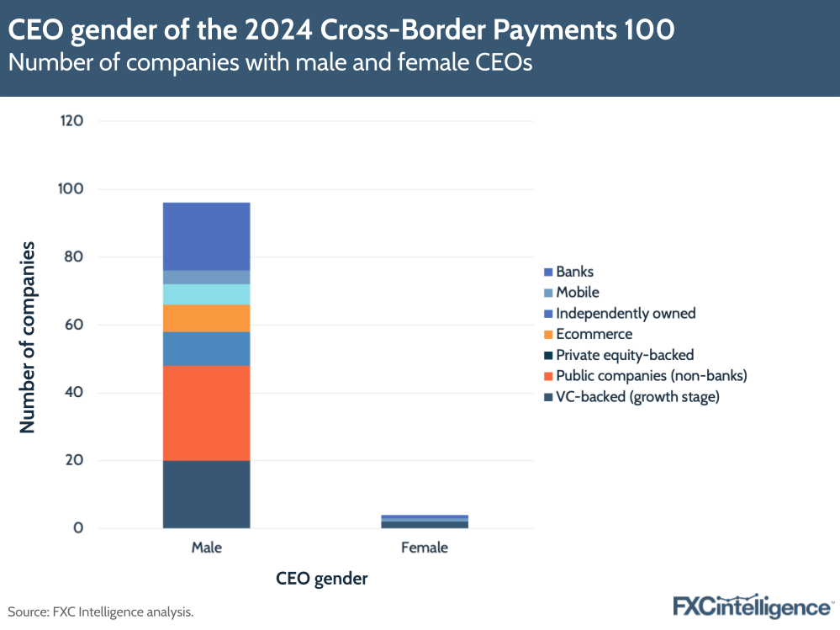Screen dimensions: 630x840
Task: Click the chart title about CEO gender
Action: (x=341, y=30)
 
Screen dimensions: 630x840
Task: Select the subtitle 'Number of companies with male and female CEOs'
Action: (x=270, y=64)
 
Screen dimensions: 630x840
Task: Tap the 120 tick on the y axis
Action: (x=72, y=121)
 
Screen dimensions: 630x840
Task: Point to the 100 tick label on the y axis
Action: (x=72, y=189)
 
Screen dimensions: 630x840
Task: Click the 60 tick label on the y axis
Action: (x=75, y=325)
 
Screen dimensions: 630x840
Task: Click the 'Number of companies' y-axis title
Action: (x=28, y=336)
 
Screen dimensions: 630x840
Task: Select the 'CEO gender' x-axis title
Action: (x=322, y=579)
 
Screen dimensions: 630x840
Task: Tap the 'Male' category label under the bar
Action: (x=206, y=548)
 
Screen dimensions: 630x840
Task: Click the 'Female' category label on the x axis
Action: (x=425, y=548)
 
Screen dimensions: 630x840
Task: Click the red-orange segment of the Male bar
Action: (x=206, y=412)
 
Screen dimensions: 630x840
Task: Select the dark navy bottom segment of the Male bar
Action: (x=206, y=495)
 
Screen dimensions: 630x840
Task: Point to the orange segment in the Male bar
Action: (x=206, y=318)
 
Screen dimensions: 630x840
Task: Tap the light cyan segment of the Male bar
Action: (x=206, y=294)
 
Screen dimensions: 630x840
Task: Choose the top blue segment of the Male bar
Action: (x=206, y=236)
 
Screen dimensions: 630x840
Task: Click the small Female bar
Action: (x=425, y=521)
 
